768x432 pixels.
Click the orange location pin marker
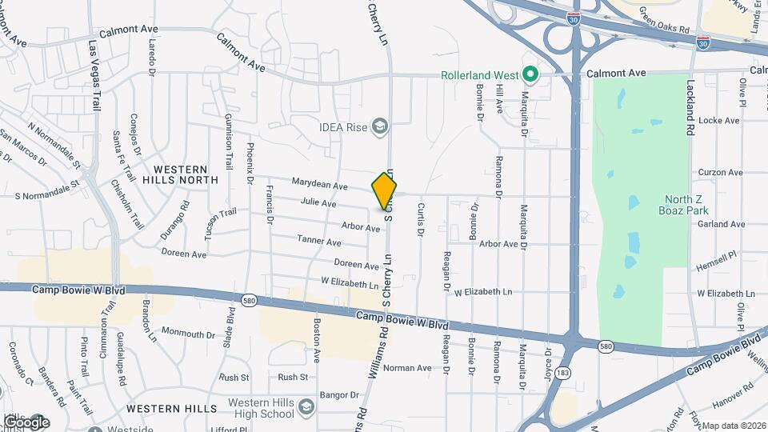384,190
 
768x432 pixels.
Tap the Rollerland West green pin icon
530,75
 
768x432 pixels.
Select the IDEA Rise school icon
380,126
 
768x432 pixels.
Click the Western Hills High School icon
304,408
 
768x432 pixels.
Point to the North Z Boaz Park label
686,205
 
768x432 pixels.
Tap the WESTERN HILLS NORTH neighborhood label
180,174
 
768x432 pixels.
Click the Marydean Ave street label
319,186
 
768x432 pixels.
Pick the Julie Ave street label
318,203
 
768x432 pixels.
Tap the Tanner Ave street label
319,241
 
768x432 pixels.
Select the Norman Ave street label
407,368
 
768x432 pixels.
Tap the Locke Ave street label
719,121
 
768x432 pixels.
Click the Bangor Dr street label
339,395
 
